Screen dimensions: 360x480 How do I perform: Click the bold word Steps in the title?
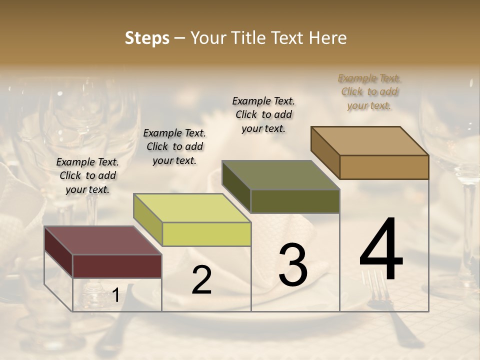[147, 38]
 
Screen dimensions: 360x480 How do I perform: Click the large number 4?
[381, 250]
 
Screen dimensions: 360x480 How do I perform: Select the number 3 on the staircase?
[293, 265]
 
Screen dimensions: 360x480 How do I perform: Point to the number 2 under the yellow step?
[201, 280]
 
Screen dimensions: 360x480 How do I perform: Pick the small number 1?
[115, 296]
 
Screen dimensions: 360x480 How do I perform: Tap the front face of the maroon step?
[117, 266]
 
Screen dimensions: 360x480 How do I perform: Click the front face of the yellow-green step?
[206, 234]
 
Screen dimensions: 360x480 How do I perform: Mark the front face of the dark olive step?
[295, 201]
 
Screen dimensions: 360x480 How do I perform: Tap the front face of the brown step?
[384, 167]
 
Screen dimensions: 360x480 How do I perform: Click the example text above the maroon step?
[87, 175]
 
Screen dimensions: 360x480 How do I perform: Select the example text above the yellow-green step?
[174, 146]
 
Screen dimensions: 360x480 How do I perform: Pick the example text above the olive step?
[263, 114]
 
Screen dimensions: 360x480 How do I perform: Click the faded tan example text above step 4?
[369, 91]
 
